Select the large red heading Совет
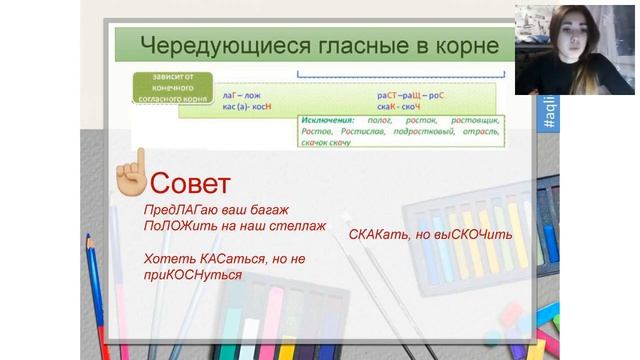(x=189, y=183)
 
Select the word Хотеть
(x=167, y=258)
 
